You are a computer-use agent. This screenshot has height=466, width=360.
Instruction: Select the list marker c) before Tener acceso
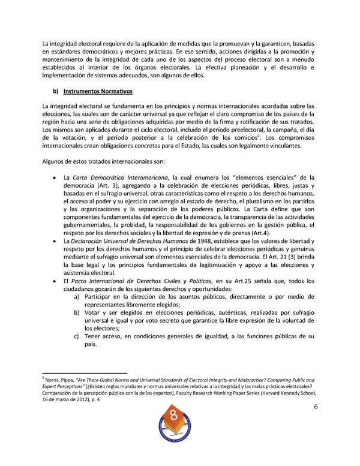tap(77, 337)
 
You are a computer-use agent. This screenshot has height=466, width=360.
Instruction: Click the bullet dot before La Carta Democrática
tap(55, 178)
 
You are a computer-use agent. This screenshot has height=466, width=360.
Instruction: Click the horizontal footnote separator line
tap(80, 372)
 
